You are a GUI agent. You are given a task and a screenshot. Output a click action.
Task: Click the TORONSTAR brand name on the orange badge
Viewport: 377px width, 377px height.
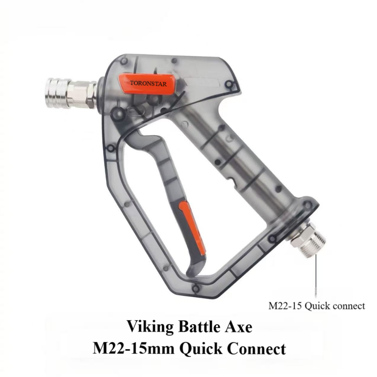(x=148, y=83)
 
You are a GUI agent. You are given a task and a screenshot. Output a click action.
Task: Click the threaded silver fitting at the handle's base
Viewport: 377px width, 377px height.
(x=311, y=241)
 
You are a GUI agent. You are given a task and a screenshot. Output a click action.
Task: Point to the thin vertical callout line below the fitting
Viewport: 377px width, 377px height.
(x=316, y=275)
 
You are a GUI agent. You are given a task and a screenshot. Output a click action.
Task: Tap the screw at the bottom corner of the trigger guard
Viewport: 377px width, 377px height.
(x=195, y=289)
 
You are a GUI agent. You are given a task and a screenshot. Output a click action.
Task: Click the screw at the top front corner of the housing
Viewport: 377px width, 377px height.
(x=124, y=61)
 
